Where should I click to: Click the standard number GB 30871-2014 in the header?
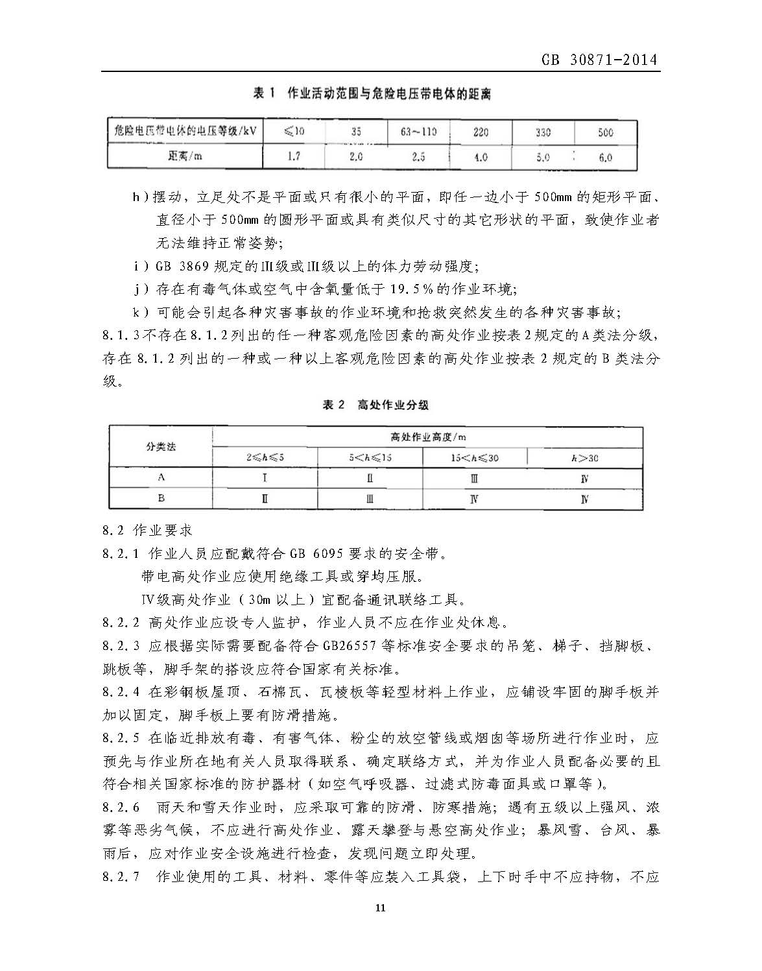599,60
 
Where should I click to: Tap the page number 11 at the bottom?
380,907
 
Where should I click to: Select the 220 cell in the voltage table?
481,132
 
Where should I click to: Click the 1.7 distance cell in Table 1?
294,156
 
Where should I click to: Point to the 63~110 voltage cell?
418,132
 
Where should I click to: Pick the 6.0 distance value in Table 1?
605,157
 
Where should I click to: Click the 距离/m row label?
185,156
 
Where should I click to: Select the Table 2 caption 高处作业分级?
393,405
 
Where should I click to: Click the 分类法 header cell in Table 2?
161,447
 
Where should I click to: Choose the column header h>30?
585,458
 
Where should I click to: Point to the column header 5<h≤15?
370,458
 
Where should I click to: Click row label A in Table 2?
161,477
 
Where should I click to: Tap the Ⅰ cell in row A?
265,479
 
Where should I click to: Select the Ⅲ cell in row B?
370,499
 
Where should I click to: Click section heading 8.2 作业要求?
147,531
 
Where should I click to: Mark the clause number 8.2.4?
121,692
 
